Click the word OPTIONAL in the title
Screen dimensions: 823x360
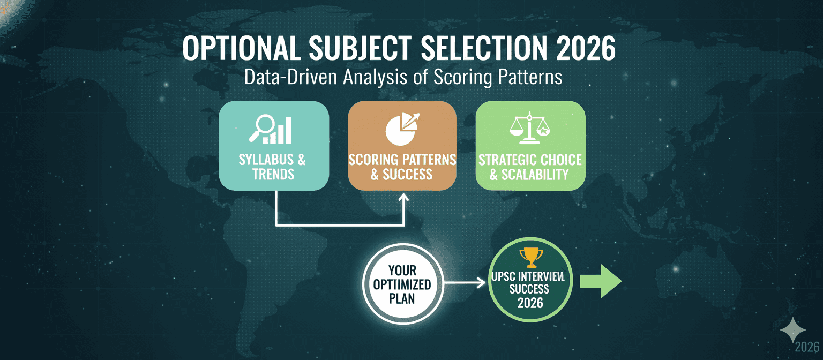[x=241, y=48]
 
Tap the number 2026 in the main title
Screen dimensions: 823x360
[x=586, y=48]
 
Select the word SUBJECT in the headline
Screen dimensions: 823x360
[x=360, y=48]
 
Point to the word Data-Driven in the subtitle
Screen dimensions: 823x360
[x=290, y=78]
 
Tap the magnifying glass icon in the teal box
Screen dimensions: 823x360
[x=261, y=128]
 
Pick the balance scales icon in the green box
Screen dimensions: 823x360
[x=529, y=127]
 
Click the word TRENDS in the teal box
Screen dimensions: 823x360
[x=273, y=174]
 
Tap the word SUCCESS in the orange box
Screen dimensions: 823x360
[x=407, y=174]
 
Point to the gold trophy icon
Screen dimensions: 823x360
[x=531, y=258]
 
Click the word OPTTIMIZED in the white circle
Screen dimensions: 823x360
[x=402, y=284]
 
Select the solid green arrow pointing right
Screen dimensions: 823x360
[x=601, y=282]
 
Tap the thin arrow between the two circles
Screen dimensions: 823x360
[x=464, y=282]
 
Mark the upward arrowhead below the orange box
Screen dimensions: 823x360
[x=404, y=198]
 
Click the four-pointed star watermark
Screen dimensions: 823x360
[x=793, y=330]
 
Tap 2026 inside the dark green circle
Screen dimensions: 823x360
[x=530, y=303]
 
